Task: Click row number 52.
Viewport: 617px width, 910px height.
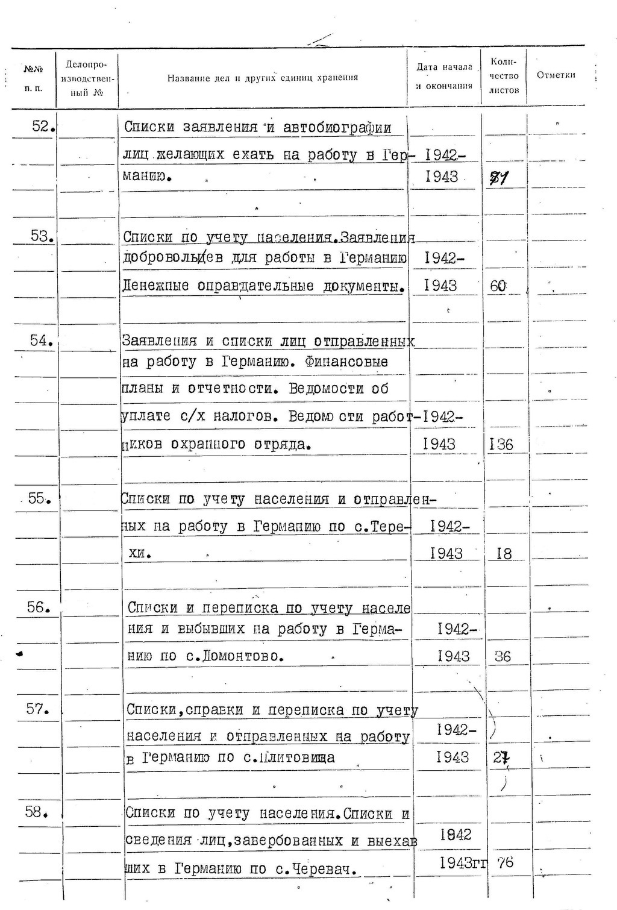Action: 42,127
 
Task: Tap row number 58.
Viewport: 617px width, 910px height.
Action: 36,812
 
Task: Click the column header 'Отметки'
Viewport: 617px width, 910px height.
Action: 556,75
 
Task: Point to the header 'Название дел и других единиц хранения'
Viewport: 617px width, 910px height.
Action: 262,78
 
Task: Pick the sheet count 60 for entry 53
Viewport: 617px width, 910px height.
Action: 498,286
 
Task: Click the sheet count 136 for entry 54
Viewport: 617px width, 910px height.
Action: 501,445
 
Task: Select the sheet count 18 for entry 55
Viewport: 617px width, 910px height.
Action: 504,553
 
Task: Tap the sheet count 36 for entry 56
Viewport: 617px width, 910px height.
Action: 503,656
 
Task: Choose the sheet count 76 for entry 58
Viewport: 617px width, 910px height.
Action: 505,862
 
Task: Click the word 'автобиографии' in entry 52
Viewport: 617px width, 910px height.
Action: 337,128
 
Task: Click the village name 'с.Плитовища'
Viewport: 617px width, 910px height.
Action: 289,758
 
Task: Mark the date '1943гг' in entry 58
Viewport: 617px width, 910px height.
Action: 463,863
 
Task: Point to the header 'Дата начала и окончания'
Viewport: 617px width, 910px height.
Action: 444,77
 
